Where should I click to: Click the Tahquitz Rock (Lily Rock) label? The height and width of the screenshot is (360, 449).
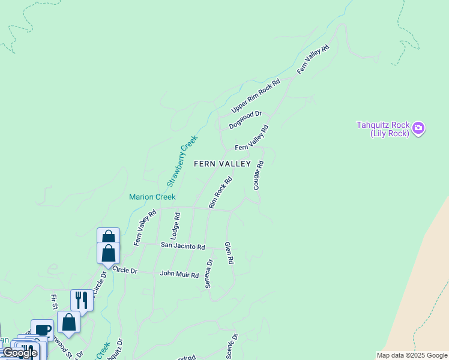tap(383, 129)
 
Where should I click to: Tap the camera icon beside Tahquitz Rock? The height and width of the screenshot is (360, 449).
tap(418, 128)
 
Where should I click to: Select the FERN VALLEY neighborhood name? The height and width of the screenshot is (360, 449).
tap(222, 164)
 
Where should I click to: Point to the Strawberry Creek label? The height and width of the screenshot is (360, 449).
tap(182, 161)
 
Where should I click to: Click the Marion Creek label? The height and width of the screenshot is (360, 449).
tap(152, 197)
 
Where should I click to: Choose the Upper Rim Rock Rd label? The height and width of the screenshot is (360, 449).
tap(256, 96)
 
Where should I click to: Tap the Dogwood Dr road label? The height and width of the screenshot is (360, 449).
tap(246, 119)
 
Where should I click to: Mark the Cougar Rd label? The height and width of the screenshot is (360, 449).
tap(259, 175)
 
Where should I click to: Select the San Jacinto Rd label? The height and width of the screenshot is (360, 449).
tap(183, 246)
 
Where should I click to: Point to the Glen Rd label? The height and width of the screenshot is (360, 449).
tap(229, 253)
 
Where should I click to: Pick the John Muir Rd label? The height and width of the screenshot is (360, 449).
tap(179, 274)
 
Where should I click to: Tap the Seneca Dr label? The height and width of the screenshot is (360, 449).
tap(209, 274)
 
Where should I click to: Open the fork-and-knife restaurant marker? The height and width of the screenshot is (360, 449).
tap(82, 300)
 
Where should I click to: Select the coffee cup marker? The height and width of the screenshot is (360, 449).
tap(43, 329)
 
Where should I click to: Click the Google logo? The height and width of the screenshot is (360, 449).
tap(19, 353)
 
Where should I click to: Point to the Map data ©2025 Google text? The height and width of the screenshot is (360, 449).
tap(412, 355)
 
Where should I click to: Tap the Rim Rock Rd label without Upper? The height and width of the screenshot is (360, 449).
tap(220, 192)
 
